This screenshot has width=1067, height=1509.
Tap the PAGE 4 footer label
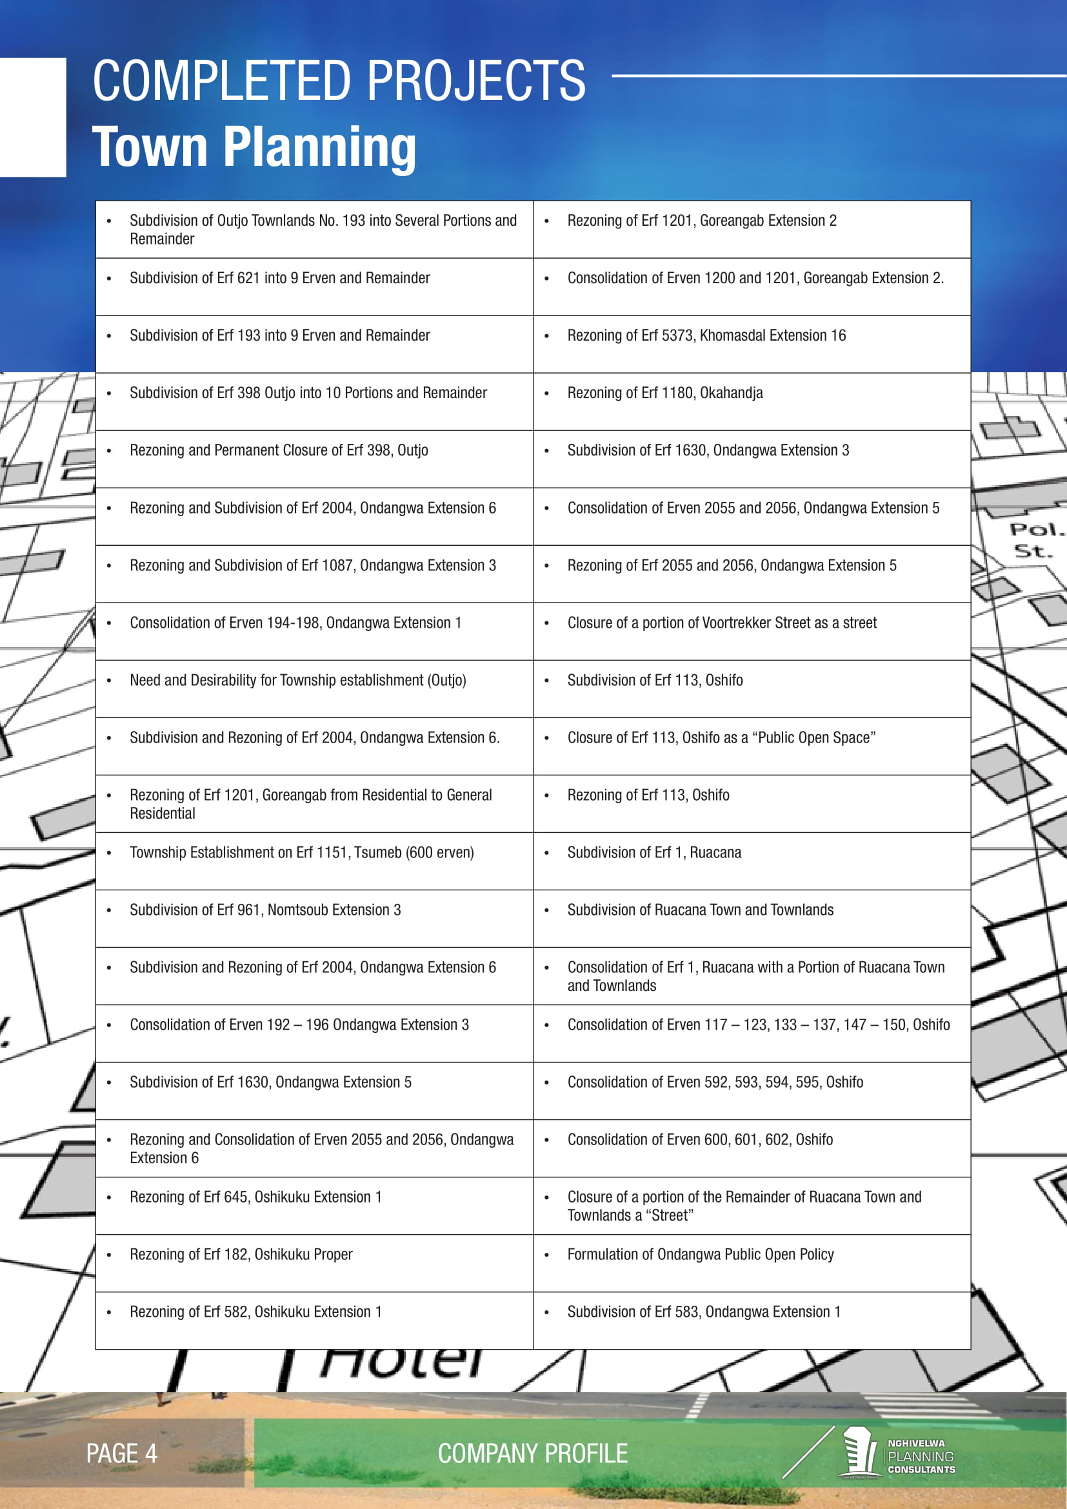coord(121,1453)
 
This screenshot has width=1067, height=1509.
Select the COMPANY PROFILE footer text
coord(533,1453)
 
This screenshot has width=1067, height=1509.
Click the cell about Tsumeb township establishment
coord(301,852)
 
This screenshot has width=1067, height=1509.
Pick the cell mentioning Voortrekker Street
coord(721,623)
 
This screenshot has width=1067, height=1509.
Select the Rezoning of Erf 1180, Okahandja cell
coord(665,393)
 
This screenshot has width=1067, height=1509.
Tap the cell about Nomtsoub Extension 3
coord(264,910)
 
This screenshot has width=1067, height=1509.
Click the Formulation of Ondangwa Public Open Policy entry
coord(701,1254)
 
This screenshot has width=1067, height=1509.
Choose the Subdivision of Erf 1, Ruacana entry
coord(653,852)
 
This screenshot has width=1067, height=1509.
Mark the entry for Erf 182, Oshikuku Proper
coord(241,1254)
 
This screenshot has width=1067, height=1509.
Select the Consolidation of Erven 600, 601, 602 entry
coord(700,1139)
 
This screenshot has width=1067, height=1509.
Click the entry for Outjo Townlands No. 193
coord(323,230)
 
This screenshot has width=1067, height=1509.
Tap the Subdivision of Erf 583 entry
coord(704,1311)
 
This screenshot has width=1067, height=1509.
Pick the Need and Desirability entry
coord(297,680)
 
